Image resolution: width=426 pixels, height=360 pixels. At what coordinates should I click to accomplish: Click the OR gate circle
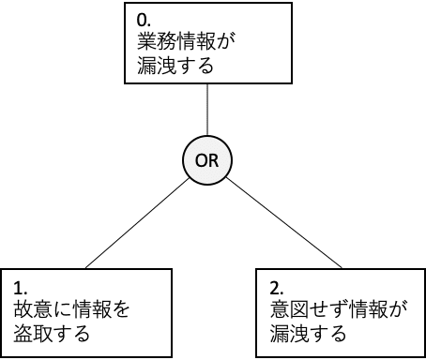(206, 161)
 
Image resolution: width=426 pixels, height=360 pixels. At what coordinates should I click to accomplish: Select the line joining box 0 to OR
(206, 112)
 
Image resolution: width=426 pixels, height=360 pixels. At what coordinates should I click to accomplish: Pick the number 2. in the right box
(277, 285)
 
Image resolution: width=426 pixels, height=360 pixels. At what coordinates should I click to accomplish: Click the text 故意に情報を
(70, 308)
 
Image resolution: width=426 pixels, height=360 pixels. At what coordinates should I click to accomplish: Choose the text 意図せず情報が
(333, 308)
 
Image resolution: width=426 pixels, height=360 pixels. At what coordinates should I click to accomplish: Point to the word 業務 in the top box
(148, 43)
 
